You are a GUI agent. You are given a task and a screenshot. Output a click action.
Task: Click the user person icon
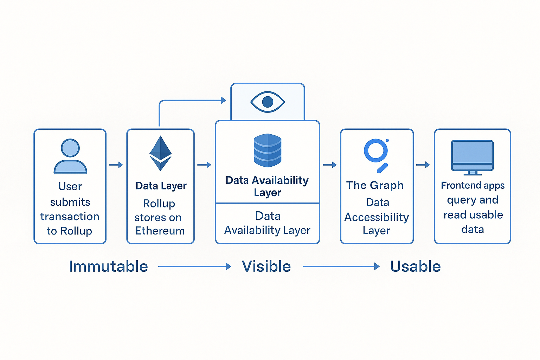pyautogui.click(x=70, y=156)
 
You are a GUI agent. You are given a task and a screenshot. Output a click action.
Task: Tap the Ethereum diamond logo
pyautogui.click(x=160, y=153)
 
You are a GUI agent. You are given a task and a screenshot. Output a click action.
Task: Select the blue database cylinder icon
pyautogui.click(x=268, y=150)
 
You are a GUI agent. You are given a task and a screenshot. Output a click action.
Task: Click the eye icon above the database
pyautogui.click(x=268, y=102)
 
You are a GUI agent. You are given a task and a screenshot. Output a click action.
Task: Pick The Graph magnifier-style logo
pyautogui.click(x=377, y=155)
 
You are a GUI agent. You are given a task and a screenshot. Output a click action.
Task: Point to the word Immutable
pyautogui.click(x=108, y=266)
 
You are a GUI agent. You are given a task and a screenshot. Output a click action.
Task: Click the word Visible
pyautogui.click(x=266, y=266)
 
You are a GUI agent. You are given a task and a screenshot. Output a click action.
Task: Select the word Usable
pyautogui.click(x=415, y=266)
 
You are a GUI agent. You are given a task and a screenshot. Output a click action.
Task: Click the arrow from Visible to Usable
pyautogui.click(x=341, y=267)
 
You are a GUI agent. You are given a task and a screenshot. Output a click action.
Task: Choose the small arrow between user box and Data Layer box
pyautogui.click(x=116, y=165)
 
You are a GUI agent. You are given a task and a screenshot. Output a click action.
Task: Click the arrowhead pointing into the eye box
pyautogui.click(x=223, y=101)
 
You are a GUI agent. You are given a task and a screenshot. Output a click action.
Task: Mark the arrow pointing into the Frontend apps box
pyautogui.click(x=423, y=165)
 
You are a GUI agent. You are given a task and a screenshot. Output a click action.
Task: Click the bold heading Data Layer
pyautogui.click(x=161, y=186)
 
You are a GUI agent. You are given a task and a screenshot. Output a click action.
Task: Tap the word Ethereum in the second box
pyautogui.click(x=160, y=231)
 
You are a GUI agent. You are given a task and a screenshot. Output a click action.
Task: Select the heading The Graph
pyautogui.click(x=375, y=185)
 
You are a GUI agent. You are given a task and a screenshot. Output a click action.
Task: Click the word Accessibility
pyautogui.click(x=377, y=217)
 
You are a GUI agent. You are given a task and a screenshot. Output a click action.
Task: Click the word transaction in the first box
pyautogui.click(x=70, y=217)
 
